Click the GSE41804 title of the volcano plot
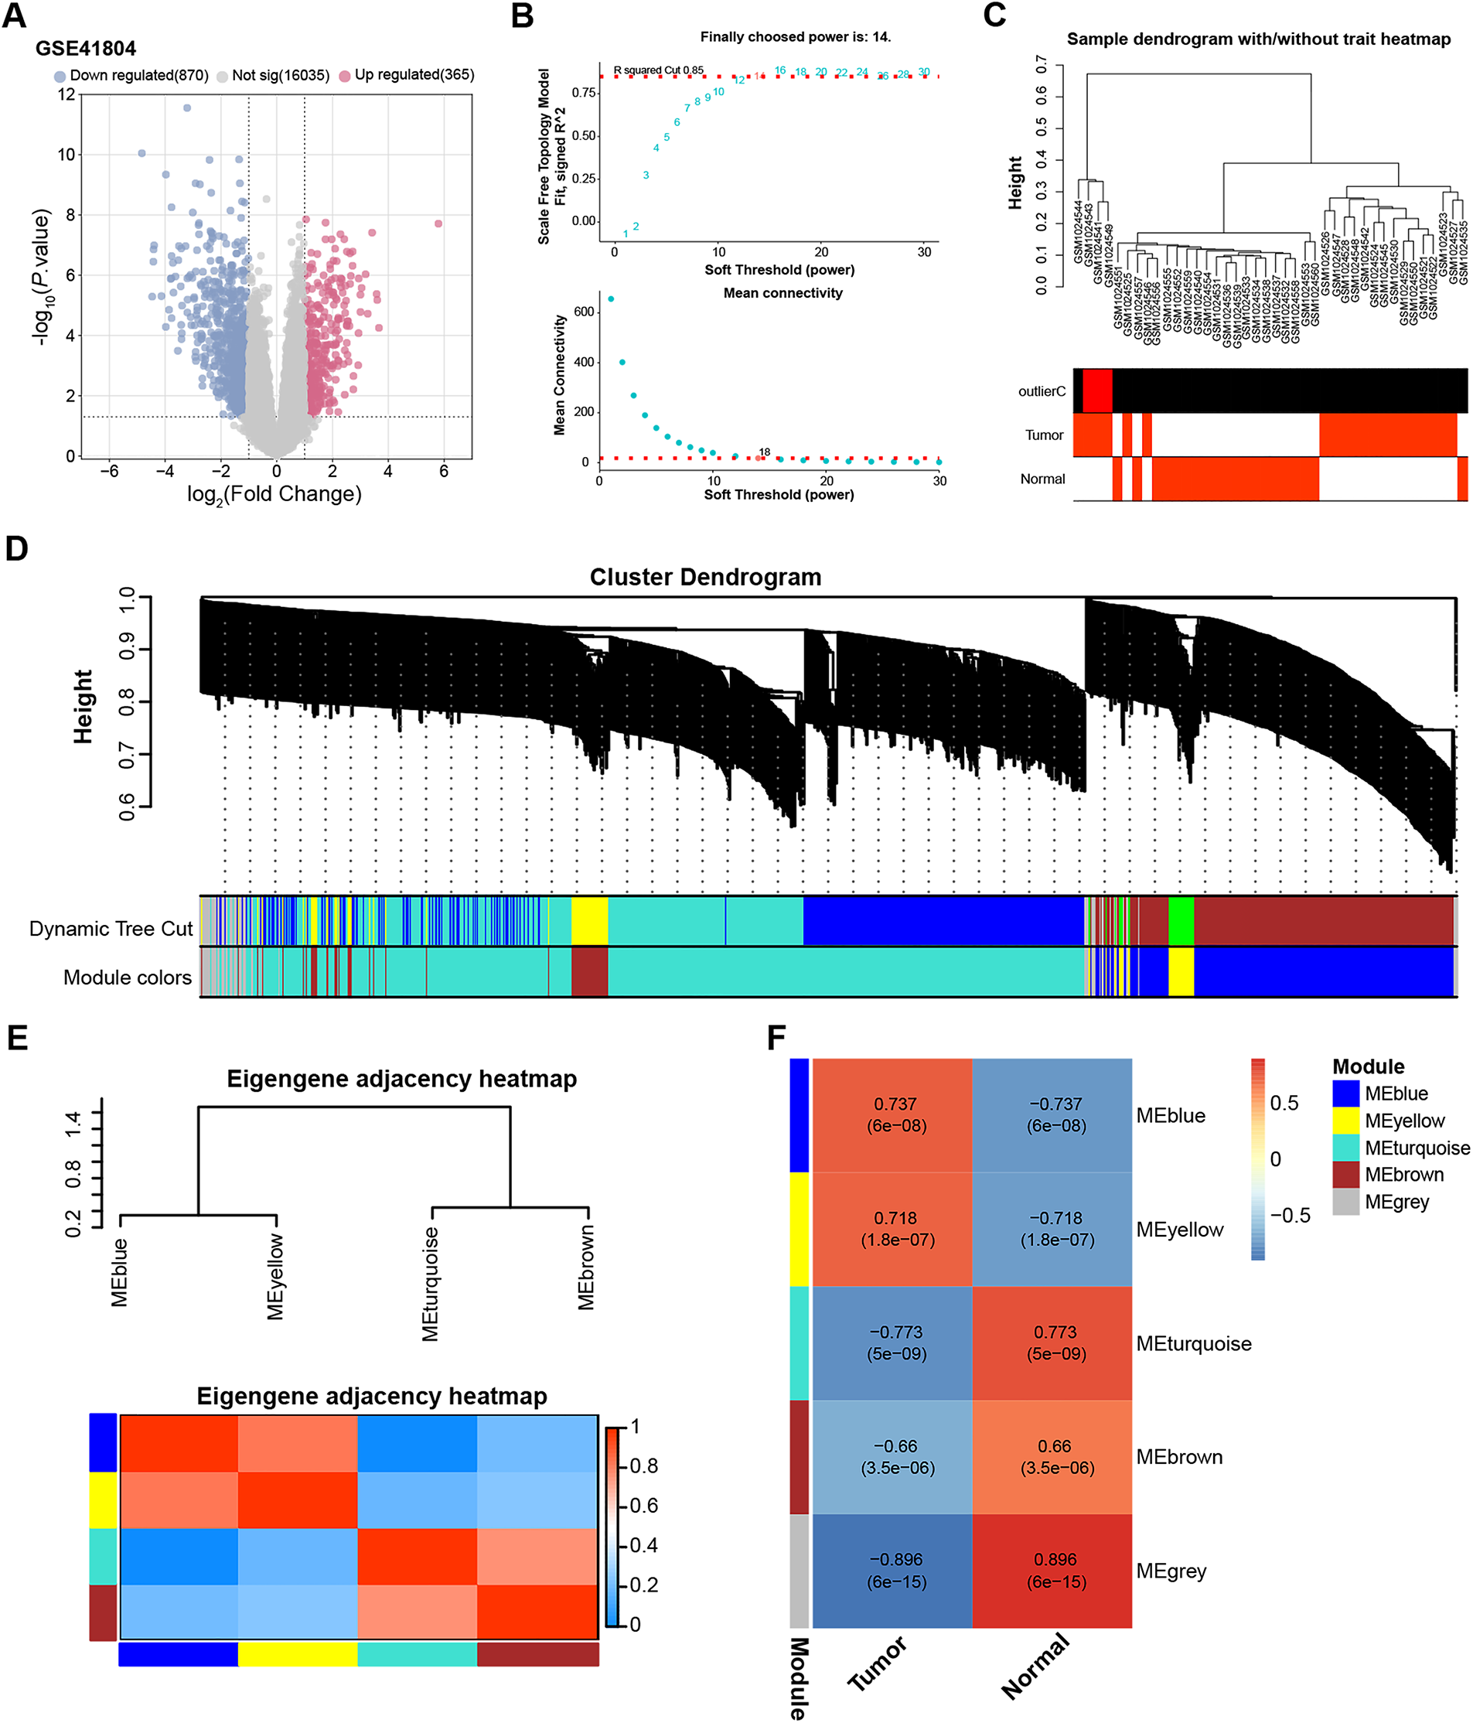86,48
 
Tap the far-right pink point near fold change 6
438,223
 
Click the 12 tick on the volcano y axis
67,95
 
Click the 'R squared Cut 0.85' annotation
658,70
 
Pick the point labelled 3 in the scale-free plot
646,176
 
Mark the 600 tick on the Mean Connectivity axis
585,312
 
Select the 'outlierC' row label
1042,391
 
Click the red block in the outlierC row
1097,390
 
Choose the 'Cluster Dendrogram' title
705,577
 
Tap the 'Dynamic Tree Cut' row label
111,929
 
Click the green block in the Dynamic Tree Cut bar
1181,920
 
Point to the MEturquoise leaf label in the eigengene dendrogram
430,1284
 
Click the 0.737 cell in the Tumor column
895,1114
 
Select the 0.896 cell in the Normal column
1055,1570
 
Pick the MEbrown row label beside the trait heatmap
1178,1457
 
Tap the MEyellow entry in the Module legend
1404,1121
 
